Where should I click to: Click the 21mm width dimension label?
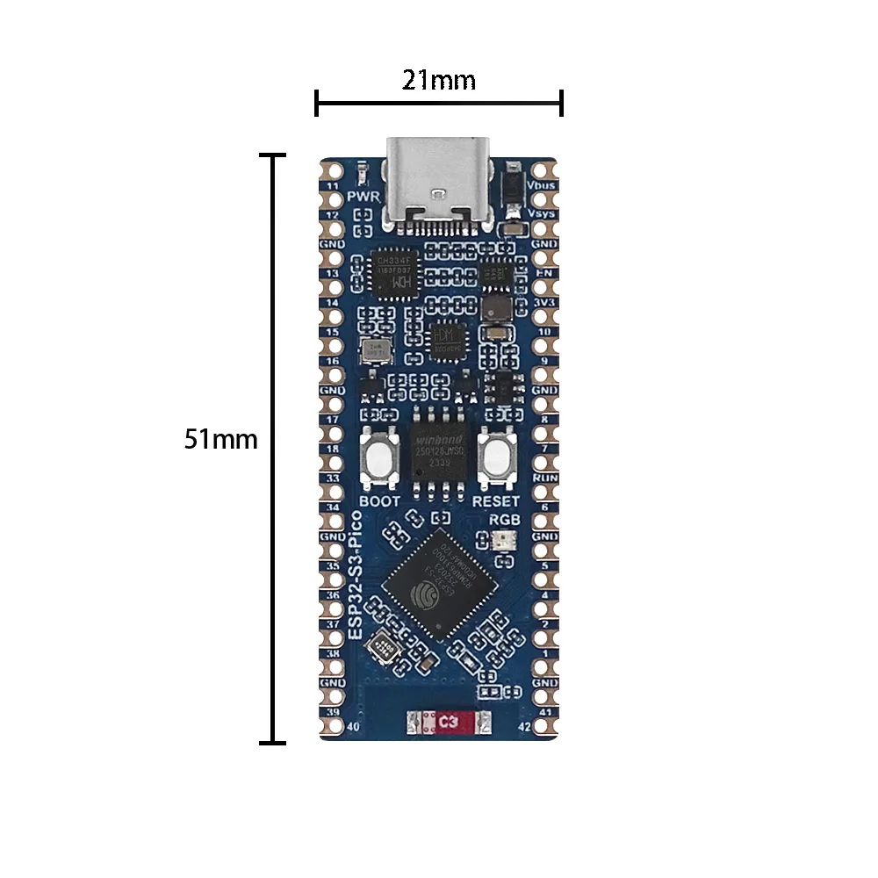(439, 81)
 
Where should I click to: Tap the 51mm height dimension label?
(221, 439)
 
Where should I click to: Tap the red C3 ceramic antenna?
(449, 723)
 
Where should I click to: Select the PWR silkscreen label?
(362, 196)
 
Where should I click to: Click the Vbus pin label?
(543, 187)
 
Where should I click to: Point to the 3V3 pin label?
(544, 303)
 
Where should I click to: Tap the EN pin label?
(544, 274)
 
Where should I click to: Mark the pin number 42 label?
(524, 726)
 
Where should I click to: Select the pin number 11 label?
(333, 187)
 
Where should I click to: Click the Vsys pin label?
(543, 213)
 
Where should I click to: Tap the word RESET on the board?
(496, 501)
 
